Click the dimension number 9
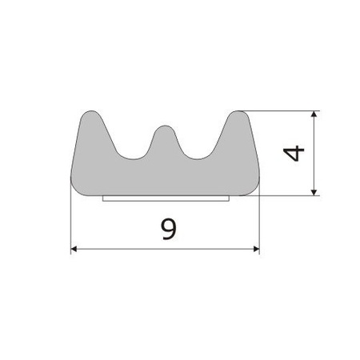point(169,229)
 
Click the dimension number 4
point(294,154)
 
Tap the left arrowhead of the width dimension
point(74,249)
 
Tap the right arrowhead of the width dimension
point(256,249)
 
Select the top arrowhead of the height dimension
point(314,114)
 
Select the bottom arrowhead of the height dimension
point(314,193)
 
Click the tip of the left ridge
point(91,110)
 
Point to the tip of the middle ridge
point(166,126)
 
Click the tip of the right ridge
point(238,110)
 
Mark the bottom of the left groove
point(133,159)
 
